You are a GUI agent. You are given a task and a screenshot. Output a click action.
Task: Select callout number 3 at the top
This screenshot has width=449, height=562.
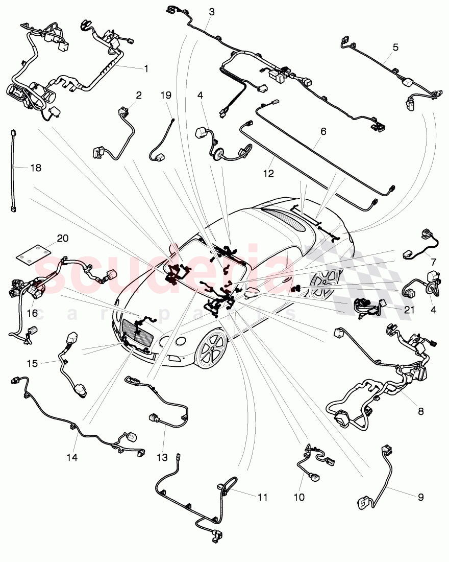click(212, 12)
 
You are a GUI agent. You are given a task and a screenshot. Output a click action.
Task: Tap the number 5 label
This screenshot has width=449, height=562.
click(395, 48)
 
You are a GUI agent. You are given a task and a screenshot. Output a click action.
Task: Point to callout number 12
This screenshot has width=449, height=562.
click(268, 174)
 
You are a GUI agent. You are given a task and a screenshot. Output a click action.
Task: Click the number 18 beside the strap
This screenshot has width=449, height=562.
click(22, 168)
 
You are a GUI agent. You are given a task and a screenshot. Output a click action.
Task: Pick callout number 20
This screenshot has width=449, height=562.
click(62, 239)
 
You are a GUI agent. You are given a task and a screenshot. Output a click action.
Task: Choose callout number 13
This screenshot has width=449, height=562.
click(161, 457)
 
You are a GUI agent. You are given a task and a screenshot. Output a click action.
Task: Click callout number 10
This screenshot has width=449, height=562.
click(299, 496)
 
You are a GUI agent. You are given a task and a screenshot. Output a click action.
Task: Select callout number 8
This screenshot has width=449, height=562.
click(420, 410)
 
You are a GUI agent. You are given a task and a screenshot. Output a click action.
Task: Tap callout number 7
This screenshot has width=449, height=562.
click(433, 261)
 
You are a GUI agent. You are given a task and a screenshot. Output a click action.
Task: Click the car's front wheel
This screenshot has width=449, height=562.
click(211, 348)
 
